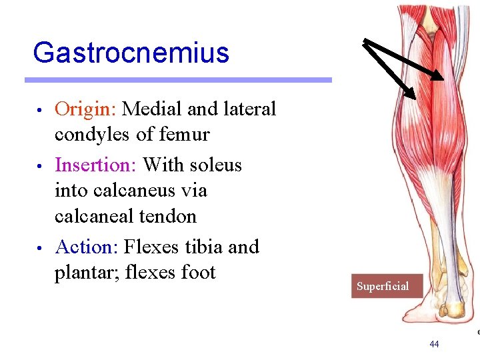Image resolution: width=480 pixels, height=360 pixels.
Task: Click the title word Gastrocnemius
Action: click(131, 53)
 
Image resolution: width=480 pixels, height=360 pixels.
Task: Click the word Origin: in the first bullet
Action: click(86, 109)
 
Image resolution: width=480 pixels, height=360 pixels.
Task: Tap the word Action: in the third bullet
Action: click(87, 247)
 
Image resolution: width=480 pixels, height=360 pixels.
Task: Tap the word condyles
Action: click(92, 135)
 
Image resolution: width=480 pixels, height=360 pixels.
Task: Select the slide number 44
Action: click(434, 344)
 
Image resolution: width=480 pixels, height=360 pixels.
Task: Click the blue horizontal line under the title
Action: click(178, 80)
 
